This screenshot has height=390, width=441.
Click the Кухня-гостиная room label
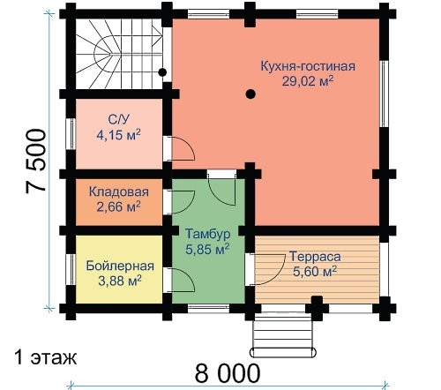(x=308, y=66)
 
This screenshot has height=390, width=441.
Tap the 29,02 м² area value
(x=308, y=81)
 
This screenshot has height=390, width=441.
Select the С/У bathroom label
(x=119, y=120)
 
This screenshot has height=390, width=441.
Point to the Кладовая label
(x=119, y=191)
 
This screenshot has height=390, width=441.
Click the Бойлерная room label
(x=120, y=266)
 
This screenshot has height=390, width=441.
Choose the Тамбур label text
(x=208, y=234)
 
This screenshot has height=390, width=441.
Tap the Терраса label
(x=315, y=257)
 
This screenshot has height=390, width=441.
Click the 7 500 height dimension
(x=36, y=161)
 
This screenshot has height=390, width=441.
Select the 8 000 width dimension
(x=228, y=373)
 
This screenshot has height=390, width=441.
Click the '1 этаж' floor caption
(x=46, y=357)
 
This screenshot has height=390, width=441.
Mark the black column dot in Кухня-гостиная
(x=250, y=94)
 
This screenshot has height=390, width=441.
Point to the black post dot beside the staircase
(x=162, y=72)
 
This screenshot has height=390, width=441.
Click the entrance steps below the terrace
(x=283, y=336)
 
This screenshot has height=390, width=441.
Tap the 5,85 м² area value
(x=207, y=250)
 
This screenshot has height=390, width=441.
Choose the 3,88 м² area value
(x=120, y=281)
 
